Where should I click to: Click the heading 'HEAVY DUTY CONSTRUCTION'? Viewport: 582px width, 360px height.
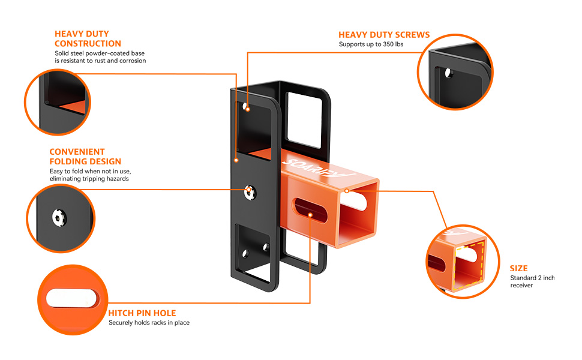click(x=88, y=39)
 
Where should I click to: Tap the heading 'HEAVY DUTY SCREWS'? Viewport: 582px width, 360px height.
click(x=384, y=35)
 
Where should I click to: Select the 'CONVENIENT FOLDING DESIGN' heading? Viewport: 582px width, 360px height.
click(x=85, y=157)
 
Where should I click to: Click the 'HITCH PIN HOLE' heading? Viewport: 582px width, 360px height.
click(x=142, y=313)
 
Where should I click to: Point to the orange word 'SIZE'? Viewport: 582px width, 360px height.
click(x=519, y=268)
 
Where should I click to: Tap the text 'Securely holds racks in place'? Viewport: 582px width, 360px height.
click(x=149, y=323)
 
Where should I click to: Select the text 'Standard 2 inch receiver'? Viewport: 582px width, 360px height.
click(x=532, y=281)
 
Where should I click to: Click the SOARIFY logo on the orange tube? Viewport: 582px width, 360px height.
click(x=317, y=169)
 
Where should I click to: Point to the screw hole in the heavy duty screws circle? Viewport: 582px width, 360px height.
click(x=448, y=73)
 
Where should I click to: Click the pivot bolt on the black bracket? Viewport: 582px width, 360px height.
click(x=250, y=191)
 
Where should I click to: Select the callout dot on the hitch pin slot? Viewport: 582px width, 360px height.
click(x=310, y=214)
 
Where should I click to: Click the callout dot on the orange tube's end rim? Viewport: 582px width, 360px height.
click(x=347, y=190)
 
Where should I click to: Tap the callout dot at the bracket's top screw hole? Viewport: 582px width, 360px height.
click(x=247, y=109)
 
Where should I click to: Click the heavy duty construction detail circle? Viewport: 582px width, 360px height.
click(x=57, y=101)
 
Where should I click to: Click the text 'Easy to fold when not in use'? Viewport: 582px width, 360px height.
click(x=88, y=172)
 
